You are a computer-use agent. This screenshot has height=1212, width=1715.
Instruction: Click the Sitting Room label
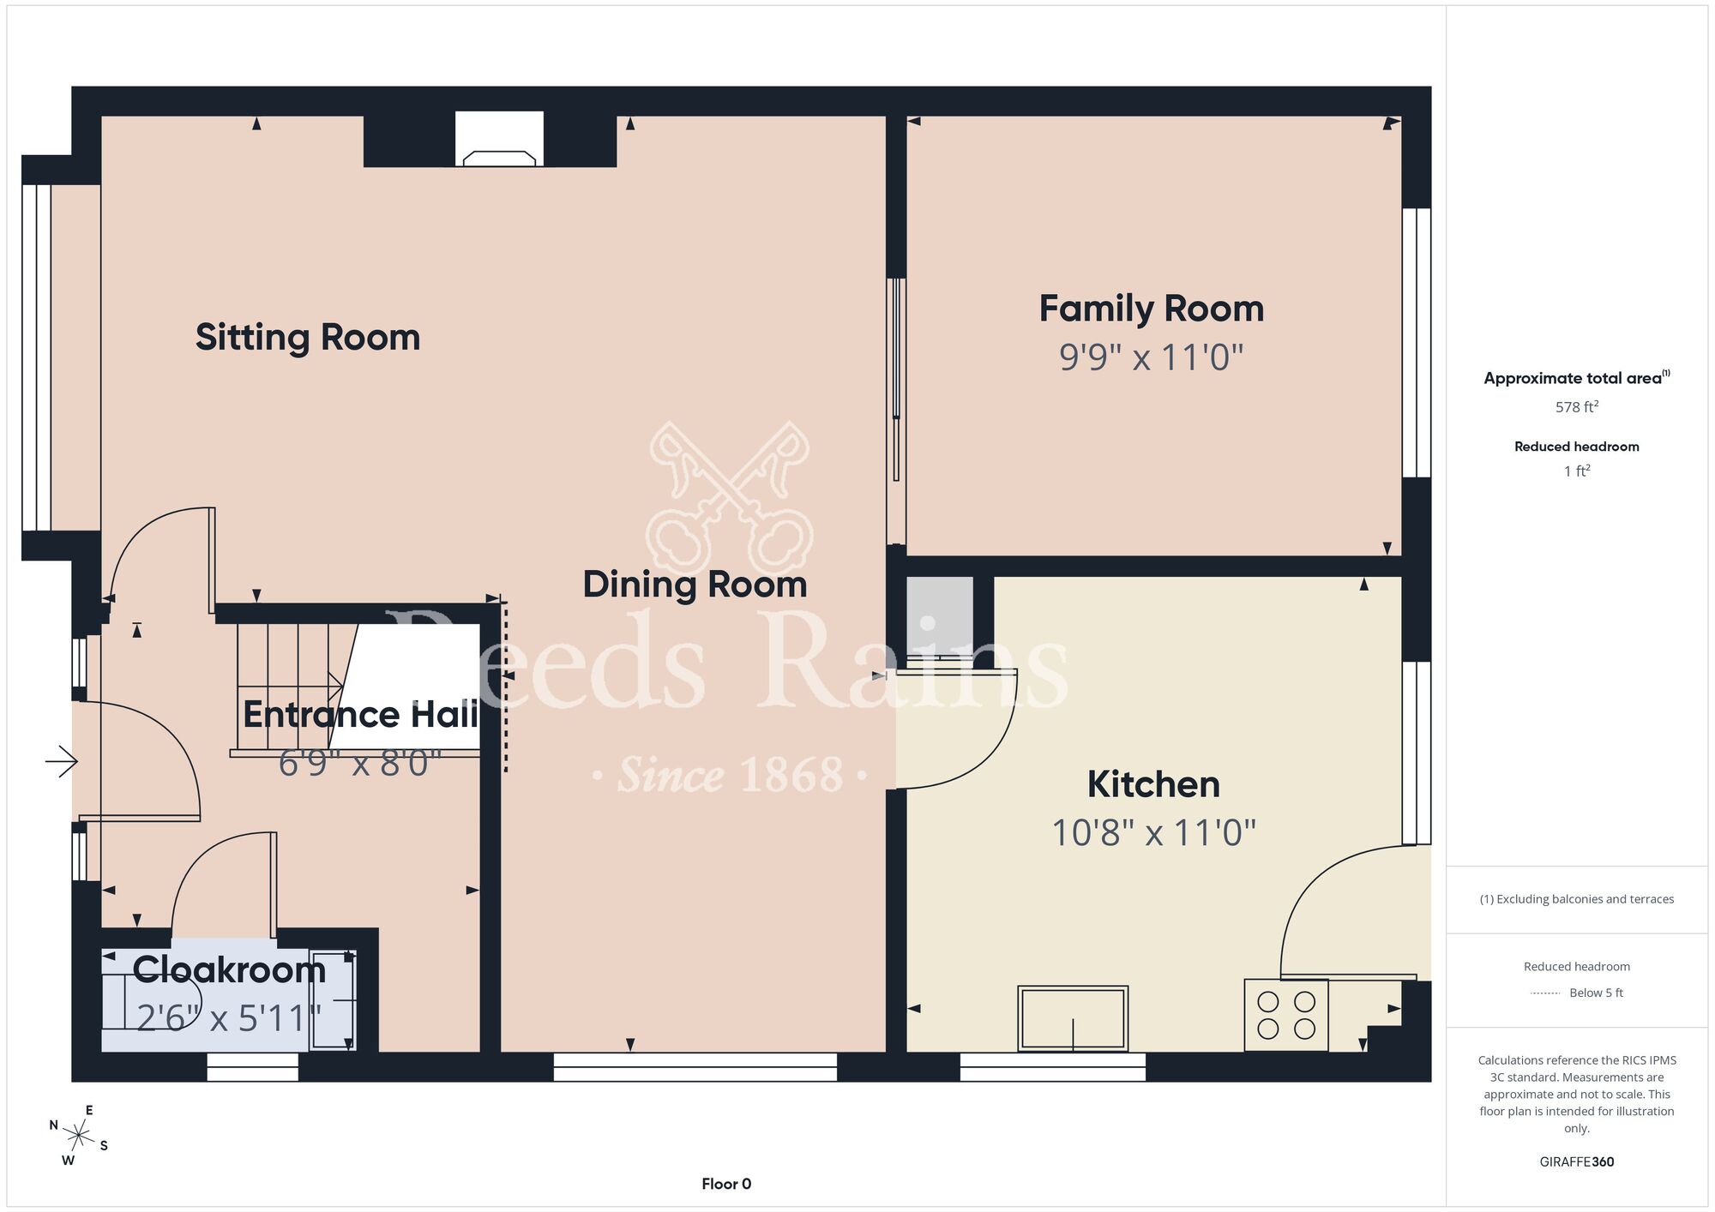[x=308, y=338]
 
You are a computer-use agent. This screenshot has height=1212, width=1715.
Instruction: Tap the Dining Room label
[x=695, y=585]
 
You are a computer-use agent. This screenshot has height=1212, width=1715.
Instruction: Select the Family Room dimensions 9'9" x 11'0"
[x=1151, y=357]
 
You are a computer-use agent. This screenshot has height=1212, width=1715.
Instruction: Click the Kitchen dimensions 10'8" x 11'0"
[x=1153, y=832]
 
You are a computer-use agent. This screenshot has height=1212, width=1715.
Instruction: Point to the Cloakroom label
[x=229, y=969]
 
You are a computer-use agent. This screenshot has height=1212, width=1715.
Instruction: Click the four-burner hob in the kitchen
[x=1286, y=1015]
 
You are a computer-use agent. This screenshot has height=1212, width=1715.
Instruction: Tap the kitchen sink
[x=1073, y=1018]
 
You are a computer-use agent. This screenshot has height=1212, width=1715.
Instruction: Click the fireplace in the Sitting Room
[x=499, y=139]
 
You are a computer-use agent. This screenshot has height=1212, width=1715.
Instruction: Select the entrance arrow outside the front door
[x=62, y=760]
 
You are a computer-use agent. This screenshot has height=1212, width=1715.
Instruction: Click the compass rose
[x=79, y=1137]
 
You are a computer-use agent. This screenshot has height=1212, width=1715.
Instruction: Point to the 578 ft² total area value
[x=1577, y=407]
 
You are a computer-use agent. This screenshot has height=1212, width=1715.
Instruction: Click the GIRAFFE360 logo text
[x=1577, y=1162]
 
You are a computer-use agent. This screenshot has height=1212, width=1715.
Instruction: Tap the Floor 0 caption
[x=726, y=1184]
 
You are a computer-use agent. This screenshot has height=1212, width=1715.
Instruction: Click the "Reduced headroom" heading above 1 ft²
[x=1577, y=447]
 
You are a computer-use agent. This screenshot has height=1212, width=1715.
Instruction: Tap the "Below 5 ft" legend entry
[x=1596, y=993]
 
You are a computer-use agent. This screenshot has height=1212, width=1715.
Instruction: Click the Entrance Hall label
[x=360, y=715]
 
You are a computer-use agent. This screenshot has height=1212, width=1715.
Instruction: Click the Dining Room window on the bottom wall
[x=695, y=1067]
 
